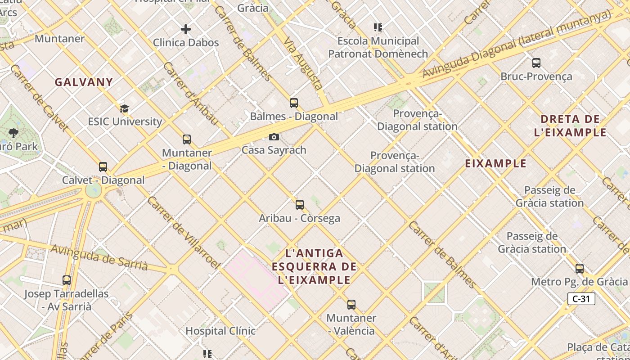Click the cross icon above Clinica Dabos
tap(185, 30)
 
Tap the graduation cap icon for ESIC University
tap(124, 108)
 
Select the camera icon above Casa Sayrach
tap(274, 137)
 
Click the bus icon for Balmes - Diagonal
tap(294, 103)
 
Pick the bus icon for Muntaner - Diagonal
tap(187, 139)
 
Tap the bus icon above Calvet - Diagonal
tap(103, 167)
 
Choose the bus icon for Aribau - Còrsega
tap(300, 205)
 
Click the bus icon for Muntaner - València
tap(351, 305)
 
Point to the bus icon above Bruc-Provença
tap(536, 63)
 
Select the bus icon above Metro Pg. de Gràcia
tap(580, 269)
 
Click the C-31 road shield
tap(581, 299)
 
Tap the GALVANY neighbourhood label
tap(84, 82)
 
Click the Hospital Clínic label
tap(220, 331)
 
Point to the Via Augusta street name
tap(304, 63)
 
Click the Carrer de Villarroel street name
tap(183, 233)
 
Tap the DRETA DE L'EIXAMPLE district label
tap(570, 126)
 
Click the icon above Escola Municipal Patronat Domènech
tap(378, 27)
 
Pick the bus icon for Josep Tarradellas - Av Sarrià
tap(67, 280)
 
